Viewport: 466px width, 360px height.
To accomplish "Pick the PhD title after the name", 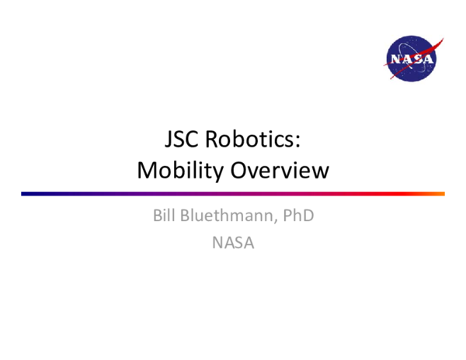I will [297, 215].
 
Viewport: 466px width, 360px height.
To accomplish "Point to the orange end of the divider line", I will [440, 193].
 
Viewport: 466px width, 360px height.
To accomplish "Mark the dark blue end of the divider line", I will [26, 193].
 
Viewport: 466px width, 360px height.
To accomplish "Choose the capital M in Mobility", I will [148, 171].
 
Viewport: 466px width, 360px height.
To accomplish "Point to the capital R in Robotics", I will [214, 140].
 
